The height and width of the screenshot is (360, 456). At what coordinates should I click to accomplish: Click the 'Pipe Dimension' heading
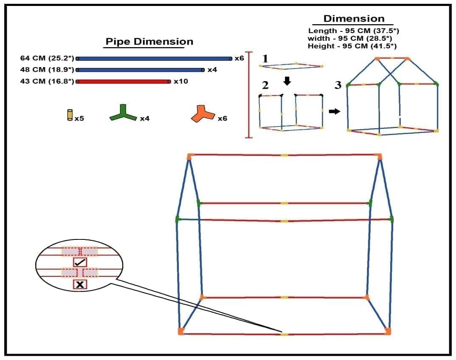tap(149, 42)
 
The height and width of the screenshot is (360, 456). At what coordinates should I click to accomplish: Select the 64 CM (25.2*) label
tap(47, 58)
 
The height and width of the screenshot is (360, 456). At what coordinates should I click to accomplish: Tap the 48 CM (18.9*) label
tap(47, 70)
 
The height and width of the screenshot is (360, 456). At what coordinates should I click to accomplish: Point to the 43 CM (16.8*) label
tap(47, 81)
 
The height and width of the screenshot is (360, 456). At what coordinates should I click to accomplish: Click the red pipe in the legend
tap(123, 82)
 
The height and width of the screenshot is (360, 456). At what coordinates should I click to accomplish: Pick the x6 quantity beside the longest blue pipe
tap(239, 58)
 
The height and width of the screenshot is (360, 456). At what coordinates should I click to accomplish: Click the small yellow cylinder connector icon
tap(70, 115)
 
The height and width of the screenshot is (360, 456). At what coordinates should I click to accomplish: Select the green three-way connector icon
tap(123, 112)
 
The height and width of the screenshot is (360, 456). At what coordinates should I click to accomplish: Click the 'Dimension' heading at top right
tap(354, 19)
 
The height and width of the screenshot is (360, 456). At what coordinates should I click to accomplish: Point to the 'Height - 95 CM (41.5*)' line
tap(355, 46)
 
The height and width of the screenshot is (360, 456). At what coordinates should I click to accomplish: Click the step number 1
tap(265, 59)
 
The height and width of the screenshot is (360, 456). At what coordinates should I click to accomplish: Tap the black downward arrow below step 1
tap(287, 81)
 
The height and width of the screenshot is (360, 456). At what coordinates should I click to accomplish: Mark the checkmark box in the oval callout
tap(80, 262)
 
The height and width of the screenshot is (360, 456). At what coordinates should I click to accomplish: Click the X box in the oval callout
tap(80, 284)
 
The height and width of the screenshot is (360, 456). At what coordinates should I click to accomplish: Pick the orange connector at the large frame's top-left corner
tap(190, 157)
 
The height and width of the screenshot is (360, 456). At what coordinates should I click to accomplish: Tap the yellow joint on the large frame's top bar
tap(284, 155)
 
